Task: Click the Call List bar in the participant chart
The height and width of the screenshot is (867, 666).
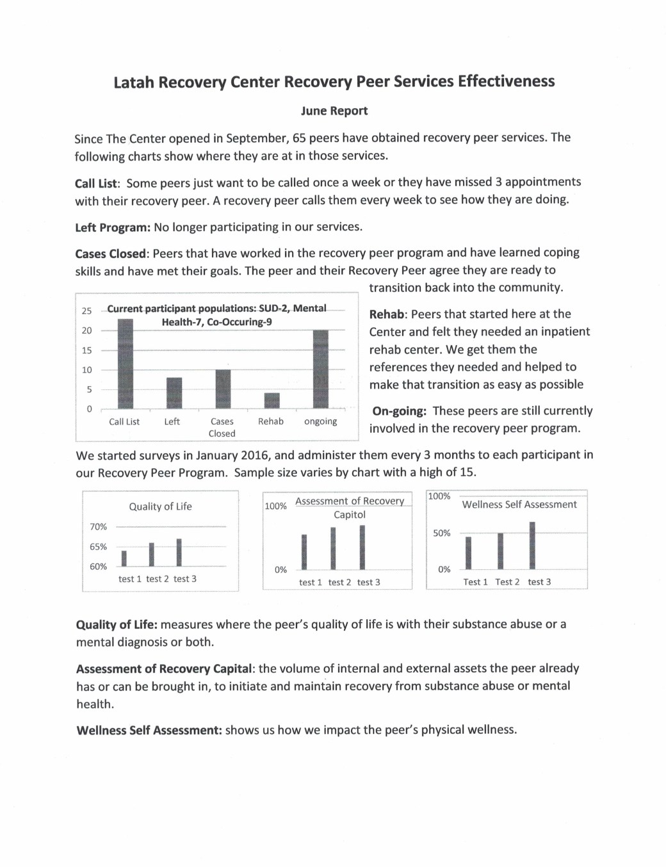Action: pos(126,363)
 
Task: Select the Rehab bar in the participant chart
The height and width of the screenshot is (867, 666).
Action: pos(272,400)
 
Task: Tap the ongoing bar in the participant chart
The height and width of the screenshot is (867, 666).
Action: pos(321,369)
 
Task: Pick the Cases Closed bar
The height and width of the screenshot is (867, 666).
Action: pos(223,389)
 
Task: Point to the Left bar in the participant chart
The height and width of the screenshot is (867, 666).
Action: pos(174,393)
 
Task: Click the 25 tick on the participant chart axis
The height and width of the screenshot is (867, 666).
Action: pos(86,311)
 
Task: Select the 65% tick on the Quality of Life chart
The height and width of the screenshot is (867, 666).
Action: pos(98,547)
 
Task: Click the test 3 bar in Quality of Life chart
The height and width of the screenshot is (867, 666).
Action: pos(179,552)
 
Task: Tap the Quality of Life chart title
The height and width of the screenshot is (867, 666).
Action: pos(160,506)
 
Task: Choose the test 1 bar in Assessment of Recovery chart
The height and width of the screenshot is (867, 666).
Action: pos(304,551)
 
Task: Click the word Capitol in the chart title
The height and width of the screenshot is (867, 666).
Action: pos(350,515)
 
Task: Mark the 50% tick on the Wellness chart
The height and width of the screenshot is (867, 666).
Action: pos(441,533)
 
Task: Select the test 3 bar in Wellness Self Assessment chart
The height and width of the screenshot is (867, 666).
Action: pos(532,545)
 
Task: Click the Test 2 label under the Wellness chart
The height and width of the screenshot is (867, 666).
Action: pos(507,582)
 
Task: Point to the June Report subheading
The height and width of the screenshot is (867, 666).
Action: pos(334,111)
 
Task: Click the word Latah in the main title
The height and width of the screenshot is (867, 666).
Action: pos(134,83)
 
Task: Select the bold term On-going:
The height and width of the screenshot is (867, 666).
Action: pos(399,411)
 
